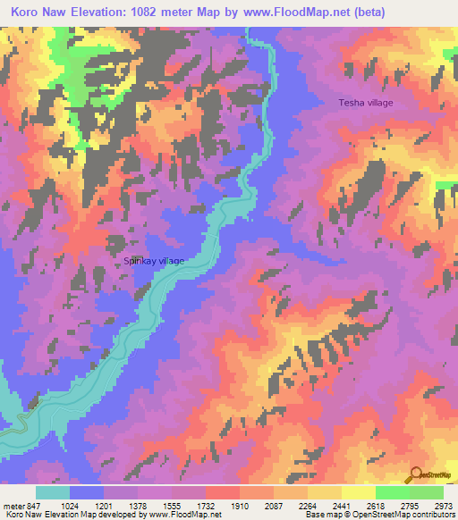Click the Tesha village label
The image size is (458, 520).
365,103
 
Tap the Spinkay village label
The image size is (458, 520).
154,261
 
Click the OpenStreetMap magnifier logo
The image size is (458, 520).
417,475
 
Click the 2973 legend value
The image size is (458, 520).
442,505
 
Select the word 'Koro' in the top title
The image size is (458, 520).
29,12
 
